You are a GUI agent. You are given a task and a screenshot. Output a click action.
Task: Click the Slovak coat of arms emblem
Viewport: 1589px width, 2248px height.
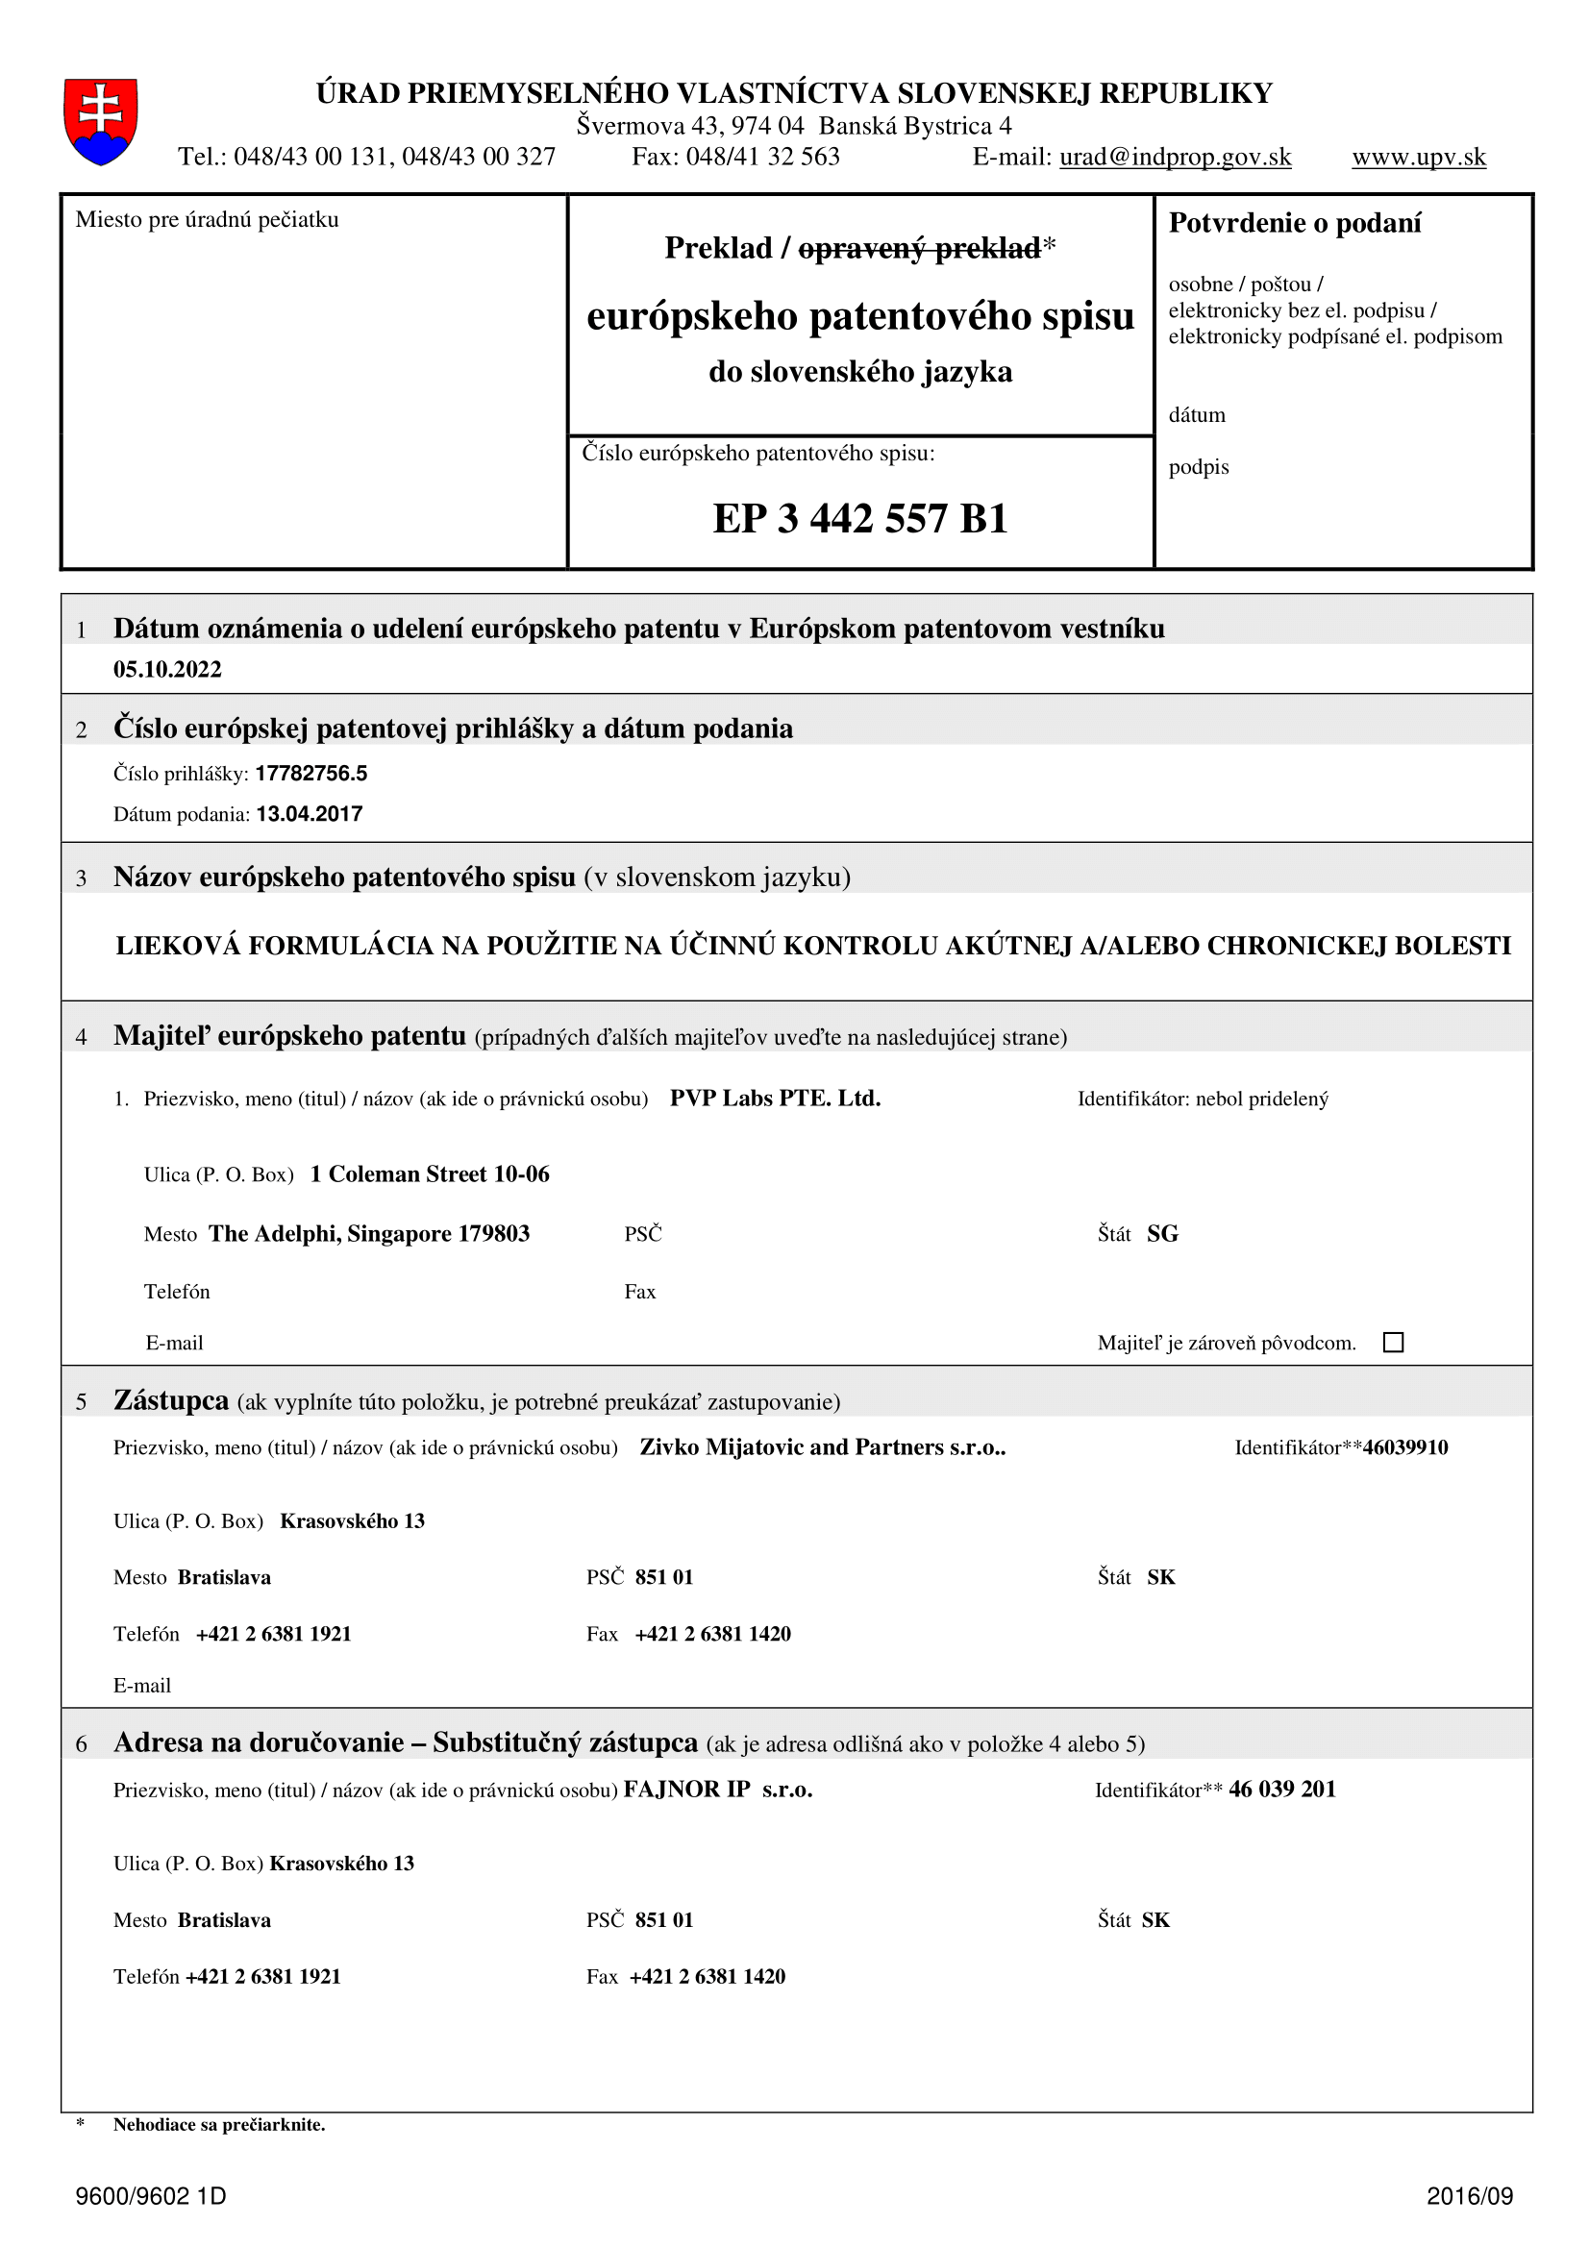(x=100, y=121)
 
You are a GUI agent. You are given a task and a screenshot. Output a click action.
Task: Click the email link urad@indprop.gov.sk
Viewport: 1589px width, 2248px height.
(x=1175, y=157)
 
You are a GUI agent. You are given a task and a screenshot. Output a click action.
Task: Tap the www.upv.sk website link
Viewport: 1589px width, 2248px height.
(x=1419, y=157)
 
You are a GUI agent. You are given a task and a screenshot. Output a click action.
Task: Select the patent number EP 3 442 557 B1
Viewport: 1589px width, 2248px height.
(x=859, y=518)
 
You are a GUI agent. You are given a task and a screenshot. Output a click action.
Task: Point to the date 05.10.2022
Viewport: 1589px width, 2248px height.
(x=167, y=670)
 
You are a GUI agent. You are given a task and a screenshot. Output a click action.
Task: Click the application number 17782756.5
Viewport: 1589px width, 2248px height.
(x=311, y=774)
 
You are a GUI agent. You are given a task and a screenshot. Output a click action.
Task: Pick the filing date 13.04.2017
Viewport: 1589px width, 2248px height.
(x=310, y=814)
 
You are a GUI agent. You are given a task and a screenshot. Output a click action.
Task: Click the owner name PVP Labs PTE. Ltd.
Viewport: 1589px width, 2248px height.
(x=775, y=1099)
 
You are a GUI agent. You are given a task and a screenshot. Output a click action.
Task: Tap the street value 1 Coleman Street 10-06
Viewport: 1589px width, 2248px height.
(x=430, y=1173)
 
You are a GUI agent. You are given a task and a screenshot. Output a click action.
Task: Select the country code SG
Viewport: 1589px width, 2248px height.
(x=1162, y=1234)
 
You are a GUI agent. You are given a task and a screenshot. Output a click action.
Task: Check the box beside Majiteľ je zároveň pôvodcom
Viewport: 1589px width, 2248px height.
(x=1393, y=1343)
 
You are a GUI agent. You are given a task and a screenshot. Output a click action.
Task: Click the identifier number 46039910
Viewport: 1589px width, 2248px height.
(x=1405, y=1447)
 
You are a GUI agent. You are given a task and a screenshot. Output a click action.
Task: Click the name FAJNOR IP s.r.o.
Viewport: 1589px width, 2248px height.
(x=718, y=1790)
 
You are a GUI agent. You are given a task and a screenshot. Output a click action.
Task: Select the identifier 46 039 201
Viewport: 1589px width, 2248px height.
(x=1281, y=1790)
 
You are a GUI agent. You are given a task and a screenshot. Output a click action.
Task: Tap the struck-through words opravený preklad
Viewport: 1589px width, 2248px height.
(x=919, y=249)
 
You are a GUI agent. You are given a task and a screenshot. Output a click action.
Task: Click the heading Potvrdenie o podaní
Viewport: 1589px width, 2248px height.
(x=1294, y=223)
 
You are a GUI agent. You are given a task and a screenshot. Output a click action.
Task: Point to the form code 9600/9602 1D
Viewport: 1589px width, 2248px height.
(x=151, y=2196)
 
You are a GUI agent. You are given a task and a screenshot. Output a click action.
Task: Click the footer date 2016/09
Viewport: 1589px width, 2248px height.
(x=1470, y=2196)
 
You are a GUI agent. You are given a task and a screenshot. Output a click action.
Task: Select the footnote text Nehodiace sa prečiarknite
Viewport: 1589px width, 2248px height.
(x=219, y=2125)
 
